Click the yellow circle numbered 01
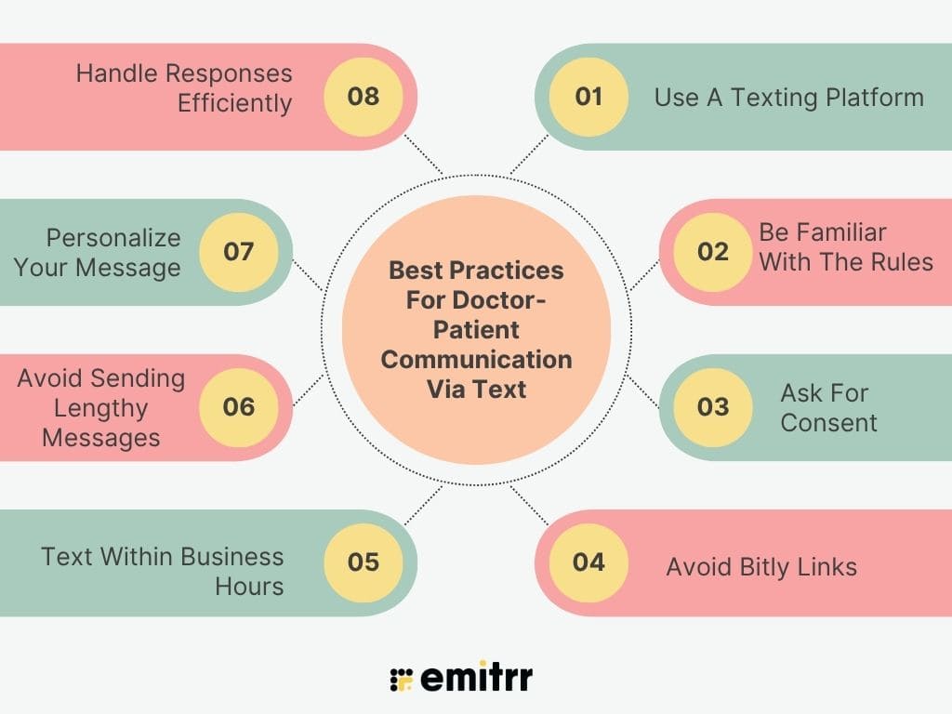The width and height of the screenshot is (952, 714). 588,97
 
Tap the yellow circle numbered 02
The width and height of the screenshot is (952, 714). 713,252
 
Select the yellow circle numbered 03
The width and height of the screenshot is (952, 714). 713,407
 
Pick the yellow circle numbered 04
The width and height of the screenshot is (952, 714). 588,562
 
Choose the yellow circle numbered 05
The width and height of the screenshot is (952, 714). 364,562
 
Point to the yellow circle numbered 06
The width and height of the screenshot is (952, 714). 239,407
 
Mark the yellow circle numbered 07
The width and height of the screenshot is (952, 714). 239,252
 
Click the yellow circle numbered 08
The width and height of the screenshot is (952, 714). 364,97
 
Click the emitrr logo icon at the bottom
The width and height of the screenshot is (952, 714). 402,680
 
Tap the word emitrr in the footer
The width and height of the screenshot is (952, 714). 477,676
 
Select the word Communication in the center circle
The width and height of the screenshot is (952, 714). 477,360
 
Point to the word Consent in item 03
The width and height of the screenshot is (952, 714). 828,423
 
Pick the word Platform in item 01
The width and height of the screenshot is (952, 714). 875,97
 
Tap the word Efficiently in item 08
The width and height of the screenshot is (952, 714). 235,103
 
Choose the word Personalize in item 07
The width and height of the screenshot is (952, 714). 113,238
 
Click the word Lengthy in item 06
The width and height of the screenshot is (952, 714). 100,409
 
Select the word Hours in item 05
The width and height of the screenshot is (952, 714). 249,587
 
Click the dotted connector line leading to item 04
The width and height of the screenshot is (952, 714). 529,505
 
